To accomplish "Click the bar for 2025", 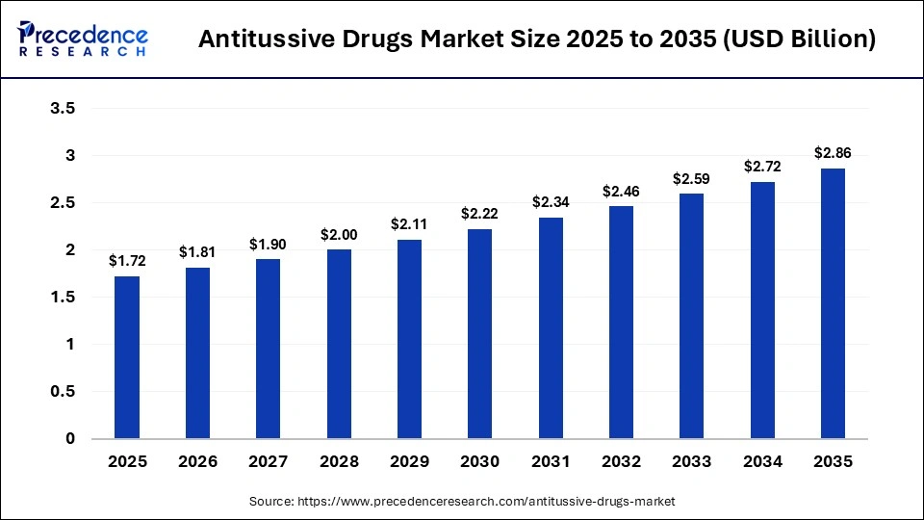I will tap(127, 357).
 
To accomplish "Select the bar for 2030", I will tap(479, 333).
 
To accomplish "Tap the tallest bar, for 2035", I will tap(833, 303).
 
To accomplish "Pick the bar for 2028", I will tap(339, 344).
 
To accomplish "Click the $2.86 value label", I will tap(833, 152).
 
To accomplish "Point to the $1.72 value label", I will tap(127, 260).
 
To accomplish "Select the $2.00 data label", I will tap(339, 234).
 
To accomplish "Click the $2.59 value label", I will tap(691, 178).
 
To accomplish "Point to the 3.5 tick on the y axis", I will tap(63, 109).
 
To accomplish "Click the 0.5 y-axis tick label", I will tap(63, 392).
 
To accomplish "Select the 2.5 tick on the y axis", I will tap(63, 203).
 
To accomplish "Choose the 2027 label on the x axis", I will tap(268, 462).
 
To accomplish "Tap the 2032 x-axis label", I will tap(621, 462).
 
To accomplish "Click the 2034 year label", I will tap(762, 462).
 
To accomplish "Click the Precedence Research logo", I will tap(83, 39).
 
